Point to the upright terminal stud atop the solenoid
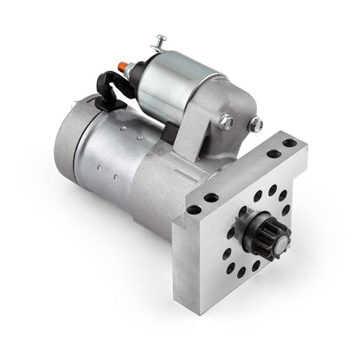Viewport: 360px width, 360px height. coord(158,41)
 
